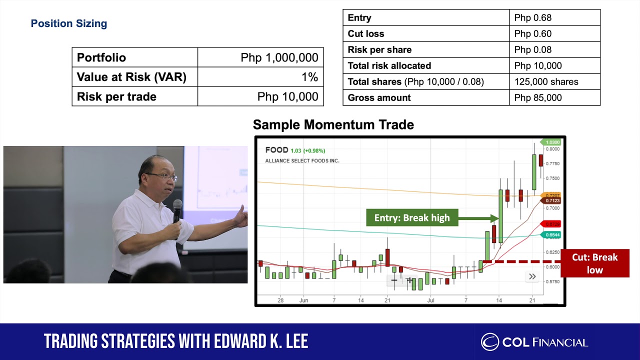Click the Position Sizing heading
coord(69,23)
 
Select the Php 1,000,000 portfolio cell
coord(279,57)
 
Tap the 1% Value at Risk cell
coord(309,77)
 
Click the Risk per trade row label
coord(116,96)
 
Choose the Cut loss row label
coord(366,34)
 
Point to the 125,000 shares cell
coord(546,81)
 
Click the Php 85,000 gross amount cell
coord(537,97)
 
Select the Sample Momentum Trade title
coord(333,124)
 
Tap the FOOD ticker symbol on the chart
coord(276,150)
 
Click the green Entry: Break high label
coord(412,217)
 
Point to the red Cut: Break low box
coord(594,263)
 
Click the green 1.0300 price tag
coord(552,142)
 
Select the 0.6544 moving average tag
coord(552,234)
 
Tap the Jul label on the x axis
coord(431,300)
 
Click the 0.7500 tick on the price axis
coord(552,178)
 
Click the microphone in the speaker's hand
coord(177,210)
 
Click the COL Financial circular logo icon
coord(489,342)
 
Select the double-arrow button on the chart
coord(532,276)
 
